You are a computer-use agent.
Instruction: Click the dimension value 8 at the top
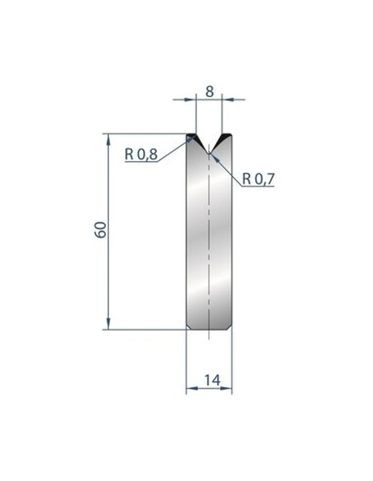pos(209,91)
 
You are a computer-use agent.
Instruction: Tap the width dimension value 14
pos(213,380)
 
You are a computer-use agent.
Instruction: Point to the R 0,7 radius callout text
pos(258,178)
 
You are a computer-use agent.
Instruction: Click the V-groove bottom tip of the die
pos(208,152)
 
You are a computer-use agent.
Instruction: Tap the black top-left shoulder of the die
pos(191,137)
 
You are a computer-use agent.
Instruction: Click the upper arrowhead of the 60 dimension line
pos(109,138)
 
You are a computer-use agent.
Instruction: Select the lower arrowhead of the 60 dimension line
pos(109,325)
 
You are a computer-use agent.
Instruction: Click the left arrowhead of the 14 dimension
pos(190,388)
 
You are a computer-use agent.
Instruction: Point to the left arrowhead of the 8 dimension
pos(192,99)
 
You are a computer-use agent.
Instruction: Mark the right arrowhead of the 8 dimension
pos(225,99)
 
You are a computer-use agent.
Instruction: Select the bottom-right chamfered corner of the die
pos(230,327)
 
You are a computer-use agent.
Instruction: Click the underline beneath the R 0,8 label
pos(141,162)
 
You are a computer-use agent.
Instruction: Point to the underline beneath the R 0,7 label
pos(258,186)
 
